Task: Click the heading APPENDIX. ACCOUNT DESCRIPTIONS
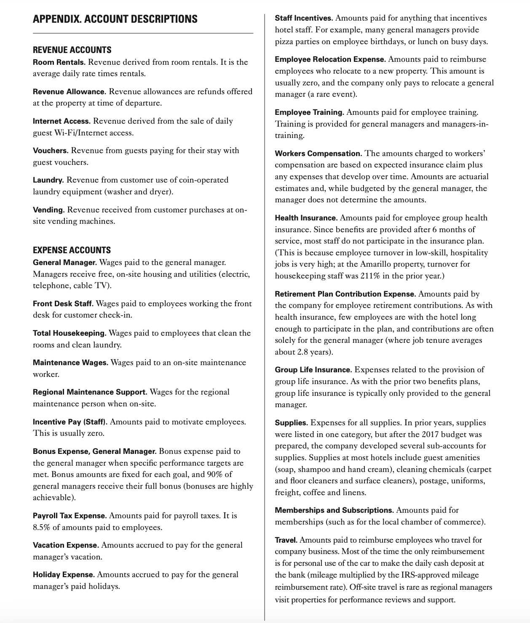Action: click(115, 19)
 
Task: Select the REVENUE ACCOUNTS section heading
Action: click(72, 50)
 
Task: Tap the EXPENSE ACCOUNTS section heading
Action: click(72, 250)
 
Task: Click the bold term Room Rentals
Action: click(59, 62)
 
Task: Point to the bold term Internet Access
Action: click(62, 121)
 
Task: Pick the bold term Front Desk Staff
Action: click(63, 304)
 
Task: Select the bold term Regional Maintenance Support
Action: click(90, 392)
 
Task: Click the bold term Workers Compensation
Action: click(318, 154)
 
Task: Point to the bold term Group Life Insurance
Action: click(313, 370)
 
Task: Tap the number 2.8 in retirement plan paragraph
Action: click(303, 352)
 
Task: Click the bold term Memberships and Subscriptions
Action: click(334, 510)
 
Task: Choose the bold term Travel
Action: click(286, 540)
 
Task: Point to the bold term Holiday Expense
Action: click(63, 575)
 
